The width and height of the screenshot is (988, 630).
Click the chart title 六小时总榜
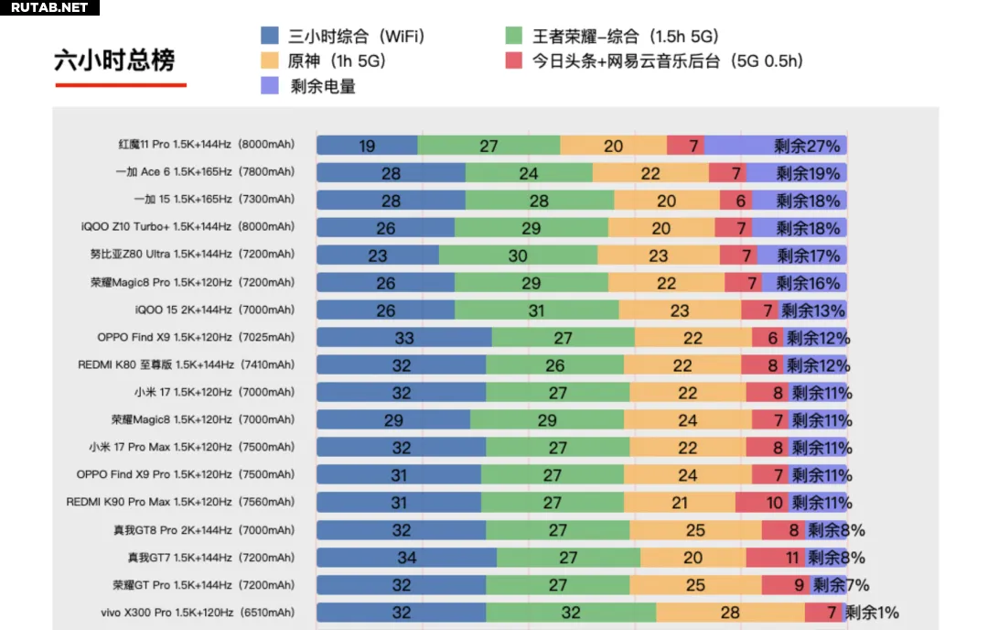(114, 60)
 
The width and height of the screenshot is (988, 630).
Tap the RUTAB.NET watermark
(49, 8)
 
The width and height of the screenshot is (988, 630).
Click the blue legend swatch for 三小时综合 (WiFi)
(270, 37)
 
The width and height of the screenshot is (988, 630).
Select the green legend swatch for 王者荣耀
(514, 37)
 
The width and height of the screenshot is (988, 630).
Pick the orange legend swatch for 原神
(270, 61)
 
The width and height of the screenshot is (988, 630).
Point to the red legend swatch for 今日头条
(514, 61)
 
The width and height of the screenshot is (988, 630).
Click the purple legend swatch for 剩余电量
(270, 86)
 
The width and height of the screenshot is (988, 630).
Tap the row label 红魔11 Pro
(207, 145)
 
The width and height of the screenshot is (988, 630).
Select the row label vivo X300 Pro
(198, 613)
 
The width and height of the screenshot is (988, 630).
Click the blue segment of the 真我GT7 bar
(406, 558)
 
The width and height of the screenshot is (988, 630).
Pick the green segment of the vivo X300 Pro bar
(571, 613)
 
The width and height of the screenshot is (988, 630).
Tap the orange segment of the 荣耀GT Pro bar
(695, 585)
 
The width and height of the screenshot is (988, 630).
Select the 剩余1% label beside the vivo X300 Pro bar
(872, 613)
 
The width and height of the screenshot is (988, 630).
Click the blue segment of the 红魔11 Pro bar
(367, 146)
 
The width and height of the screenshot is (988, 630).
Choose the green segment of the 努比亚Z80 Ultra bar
(518, 255)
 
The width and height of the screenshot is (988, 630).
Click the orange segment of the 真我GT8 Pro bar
(695, 530)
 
